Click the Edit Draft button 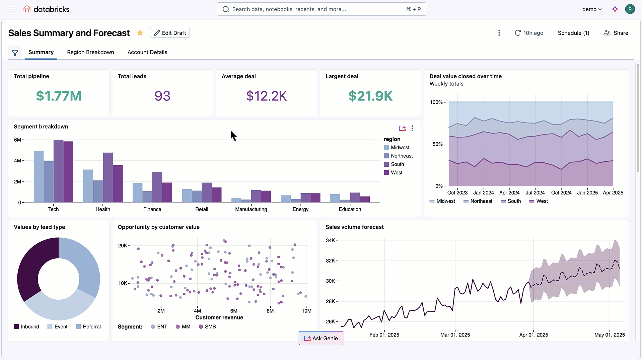[170, 33]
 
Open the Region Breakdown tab [90, 52]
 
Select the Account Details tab [147, 52]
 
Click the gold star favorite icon [140, 33]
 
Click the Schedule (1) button [573, 33]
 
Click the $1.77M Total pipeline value [59, 96]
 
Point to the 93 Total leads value [162, 96]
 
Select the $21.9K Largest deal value [370, 96]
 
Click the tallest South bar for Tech [58, 171]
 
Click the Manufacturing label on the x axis [251, 209]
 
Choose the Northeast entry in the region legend [402, 156]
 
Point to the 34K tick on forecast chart [331, 240]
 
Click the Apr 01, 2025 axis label [533, 335]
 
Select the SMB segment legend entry [210, 327]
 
